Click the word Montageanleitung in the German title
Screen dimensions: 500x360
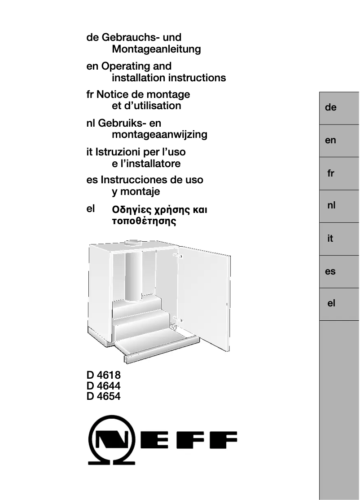click(x=156, y=49)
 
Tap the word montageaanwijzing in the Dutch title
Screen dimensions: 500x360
click(x=159, y=134)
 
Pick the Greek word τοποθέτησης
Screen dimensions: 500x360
click(x=143, y=221)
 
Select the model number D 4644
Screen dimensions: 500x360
click(x=104, y=386)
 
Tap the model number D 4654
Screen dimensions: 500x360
click(x=104, y=396)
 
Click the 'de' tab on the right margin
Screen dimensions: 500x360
click(x=331, y=108)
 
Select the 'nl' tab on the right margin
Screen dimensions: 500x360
click(x=331, y=206)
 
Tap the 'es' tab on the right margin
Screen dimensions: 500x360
click(x=330, y=272)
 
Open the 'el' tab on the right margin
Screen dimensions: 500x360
click(x=331, y=304)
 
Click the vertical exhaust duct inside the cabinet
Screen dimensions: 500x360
click(x=133, y=274)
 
